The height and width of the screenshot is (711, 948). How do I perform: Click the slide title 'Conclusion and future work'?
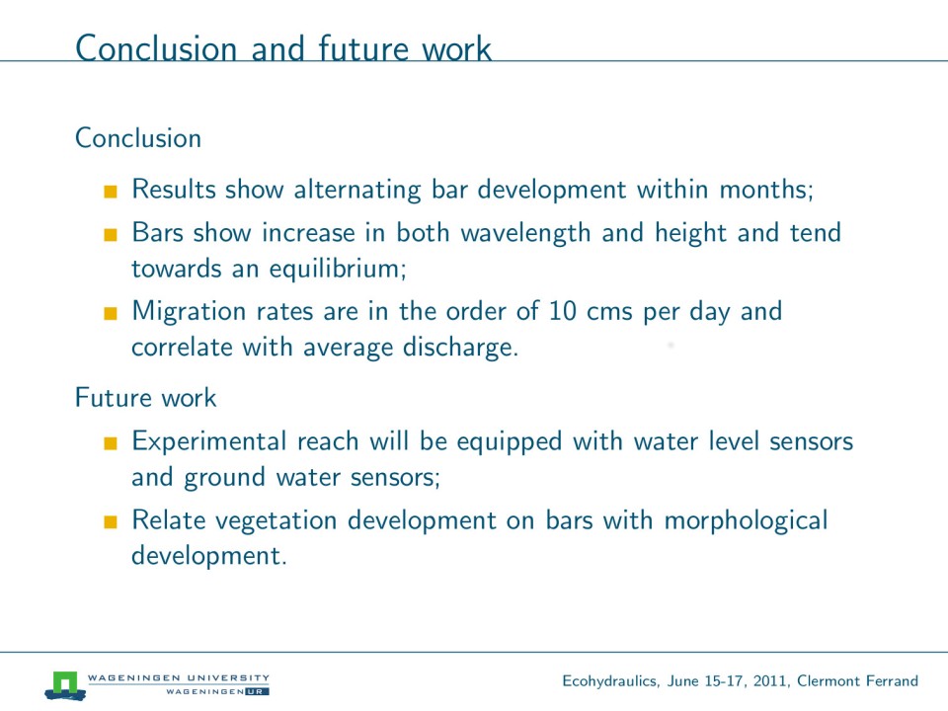tap(283, 48)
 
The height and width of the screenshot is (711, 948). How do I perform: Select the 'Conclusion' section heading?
tap(138, 138)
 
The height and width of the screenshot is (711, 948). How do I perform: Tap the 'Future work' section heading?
tap(145, 398)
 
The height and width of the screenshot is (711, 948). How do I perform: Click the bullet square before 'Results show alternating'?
tap(110, 191)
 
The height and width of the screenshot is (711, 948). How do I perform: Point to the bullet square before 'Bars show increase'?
tap(110, 235)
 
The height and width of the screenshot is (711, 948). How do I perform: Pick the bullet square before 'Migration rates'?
tap(110, 313)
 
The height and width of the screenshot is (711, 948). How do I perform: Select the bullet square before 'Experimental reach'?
tap(110, 442)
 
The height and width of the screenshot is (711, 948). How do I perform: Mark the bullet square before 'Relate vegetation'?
tap(110, 521)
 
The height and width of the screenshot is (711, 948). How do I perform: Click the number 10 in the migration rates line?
tap(561, 312)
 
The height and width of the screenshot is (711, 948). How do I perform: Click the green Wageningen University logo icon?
tap(65, 683)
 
